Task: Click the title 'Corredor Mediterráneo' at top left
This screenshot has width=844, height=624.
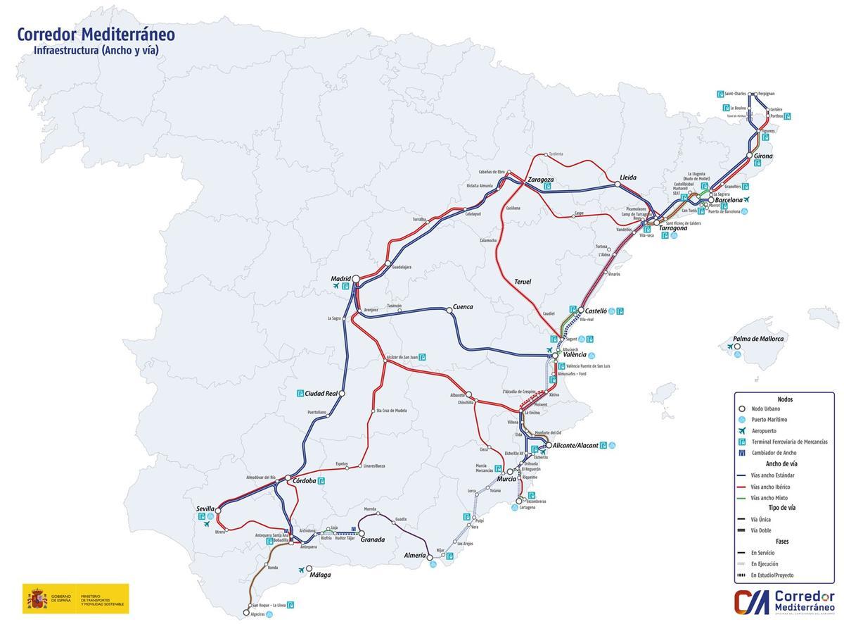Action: (96, 35)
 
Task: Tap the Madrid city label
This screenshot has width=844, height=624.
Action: (340, 278)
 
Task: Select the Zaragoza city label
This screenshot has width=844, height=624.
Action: (541, 180)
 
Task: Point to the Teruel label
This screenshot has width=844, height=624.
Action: (523, 282)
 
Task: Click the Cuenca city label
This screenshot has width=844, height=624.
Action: (463, 307)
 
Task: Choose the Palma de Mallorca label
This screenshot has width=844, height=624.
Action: (757, 339)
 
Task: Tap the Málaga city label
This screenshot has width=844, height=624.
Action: (320, 575)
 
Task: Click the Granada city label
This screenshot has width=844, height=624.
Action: (372, 539)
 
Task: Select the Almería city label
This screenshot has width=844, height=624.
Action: (415, 555)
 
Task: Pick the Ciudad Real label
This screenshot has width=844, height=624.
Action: (321, 394)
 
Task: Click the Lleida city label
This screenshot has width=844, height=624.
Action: (628, 177)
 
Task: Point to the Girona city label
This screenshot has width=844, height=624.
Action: (763, 156)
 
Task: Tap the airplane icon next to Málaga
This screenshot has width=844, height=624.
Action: (302, 570)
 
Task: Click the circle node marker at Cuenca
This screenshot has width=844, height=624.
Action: (449, 310)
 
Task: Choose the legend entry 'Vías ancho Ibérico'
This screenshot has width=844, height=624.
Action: (770, 487)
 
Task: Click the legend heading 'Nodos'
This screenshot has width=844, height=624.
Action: (784, 399)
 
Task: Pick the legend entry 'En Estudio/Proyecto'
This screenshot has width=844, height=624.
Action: (772, 575)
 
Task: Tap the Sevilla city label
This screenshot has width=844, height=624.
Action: (205, 508)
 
